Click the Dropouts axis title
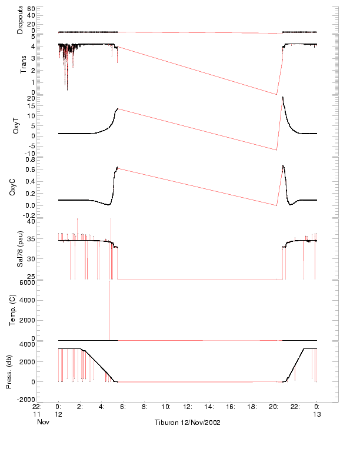20,20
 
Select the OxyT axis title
16,127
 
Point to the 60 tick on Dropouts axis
31,9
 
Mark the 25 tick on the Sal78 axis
31,275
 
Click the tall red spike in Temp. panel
110,306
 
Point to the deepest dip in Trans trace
67,89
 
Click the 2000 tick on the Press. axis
27,362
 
